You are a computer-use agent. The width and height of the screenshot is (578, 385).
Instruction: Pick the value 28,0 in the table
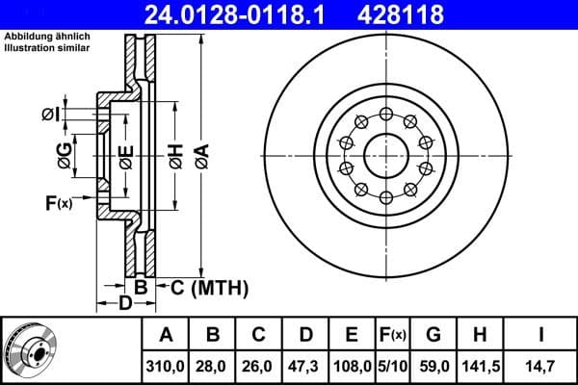(x=213, y=365)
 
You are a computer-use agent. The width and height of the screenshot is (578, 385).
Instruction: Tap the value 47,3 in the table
(x=304, y=365)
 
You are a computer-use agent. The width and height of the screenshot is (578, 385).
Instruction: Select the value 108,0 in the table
(x=351, y=365)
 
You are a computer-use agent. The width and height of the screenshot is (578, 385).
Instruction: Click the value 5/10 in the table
(x=391, y=365)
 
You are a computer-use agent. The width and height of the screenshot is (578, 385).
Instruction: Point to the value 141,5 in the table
(x=479, y=365)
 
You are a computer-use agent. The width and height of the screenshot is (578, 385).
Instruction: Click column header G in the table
(x=433, y=335)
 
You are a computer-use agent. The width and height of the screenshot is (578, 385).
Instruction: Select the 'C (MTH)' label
(x=209, y=287)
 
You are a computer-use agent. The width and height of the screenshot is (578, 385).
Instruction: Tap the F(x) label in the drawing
(x=59, y=202)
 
